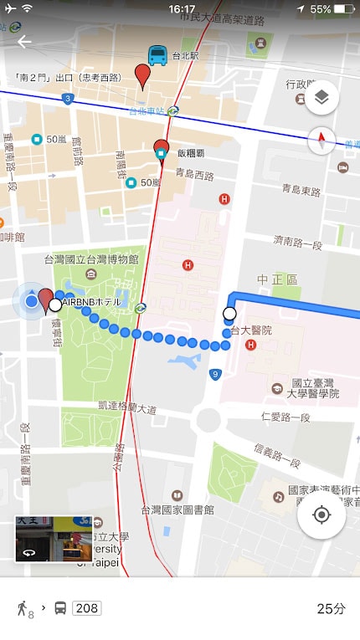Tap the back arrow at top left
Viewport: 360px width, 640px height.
point(24,42)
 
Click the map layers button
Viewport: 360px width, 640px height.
point(321,98)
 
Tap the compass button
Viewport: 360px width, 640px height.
point(321,141)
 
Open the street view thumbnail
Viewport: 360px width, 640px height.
point(54,538)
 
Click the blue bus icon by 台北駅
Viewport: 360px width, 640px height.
point(157,55)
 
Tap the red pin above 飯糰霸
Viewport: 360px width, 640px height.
point(162,151)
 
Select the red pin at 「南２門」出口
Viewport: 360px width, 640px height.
point(144,76)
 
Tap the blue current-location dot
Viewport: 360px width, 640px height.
point(31,301)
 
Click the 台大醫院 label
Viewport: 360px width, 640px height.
point(251,330)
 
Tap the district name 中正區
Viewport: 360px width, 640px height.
point(275,279)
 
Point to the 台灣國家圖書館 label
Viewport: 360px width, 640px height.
point(178,509)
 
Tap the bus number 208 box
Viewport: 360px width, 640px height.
point(87,608)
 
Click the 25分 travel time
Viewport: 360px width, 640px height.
point(330,608)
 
